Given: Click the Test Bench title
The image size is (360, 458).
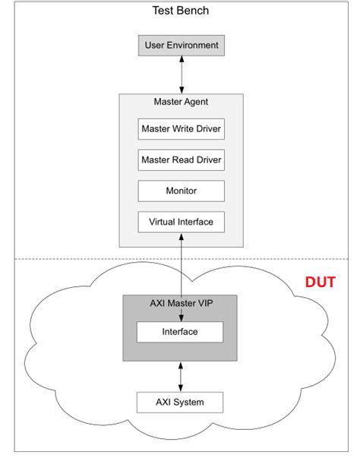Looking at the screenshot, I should point(180,11).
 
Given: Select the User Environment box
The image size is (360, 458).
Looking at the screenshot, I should point(181,46).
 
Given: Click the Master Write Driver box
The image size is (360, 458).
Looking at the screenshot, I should point(181,128).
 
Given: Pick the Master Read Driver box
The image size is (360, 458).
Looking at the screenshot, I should point(181,160).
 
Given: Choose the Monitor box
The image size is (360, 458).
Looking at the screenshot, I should point(181,191).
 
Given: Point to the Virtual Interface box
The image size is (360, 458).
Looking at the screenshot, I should point(181,222).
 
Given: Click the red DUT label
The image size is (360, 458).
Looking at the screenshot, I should point(321,283).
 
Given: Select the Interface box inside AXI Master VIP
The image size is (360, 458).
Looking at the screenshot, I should point(180,332).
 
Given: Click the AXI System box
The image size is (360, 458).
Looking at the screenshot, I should point(180,401).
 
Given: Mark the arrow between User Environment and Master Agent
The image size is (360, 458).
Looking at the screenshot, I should point(181,74).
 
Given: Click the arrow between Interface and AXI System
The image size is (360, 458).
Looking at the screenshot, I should point(180,375).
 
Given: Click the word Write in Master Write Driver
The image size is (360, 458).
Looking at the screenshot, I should point(187,128).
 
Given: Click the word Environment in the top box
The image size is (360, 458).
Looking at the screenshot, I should point(193,46).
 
